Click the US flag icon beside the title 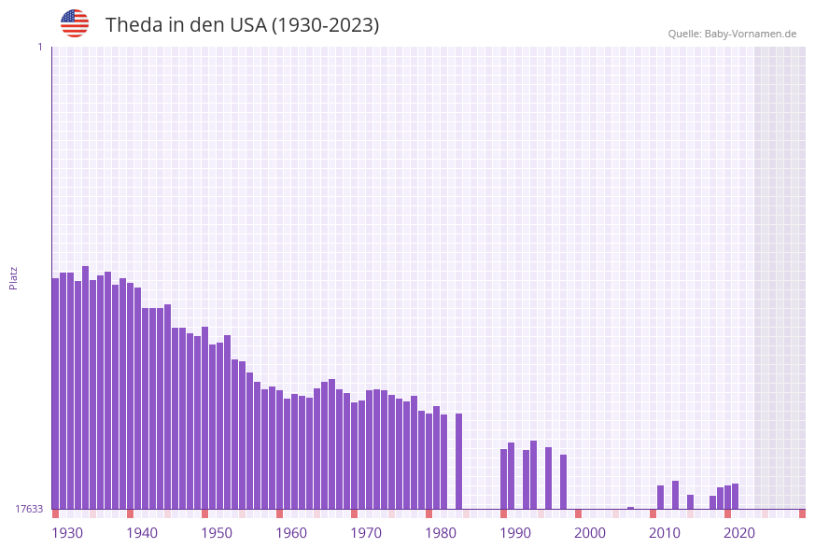coord(75,23)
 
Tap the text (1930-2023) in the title coord(325,25)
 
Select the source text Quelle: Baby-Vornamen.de coord(732,34)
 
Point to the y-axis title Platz coord(13,277)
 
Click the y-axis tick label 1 coord(39,47)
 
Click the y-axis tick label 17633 coord(28,509)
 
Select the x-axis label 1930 coord(66,533)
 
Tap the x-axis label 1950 coord(217,533)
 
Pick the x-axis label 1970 coord(366,533)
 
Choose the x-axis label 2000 coord(590,533)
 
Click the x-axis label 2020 coord(739,533)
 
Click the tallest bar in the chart coord(85,387)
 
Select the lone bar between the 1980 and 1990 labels coord(458,461)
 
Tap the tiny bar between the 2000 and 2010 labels coord(630,508)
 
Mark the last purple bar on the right coord(735,496)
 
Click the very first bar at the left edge coord(55,393)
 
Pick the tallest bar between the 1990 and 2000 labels coord(533,474)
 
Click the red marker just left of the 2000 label coord(578,513)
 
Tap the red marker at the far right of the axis coord(802,513)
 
